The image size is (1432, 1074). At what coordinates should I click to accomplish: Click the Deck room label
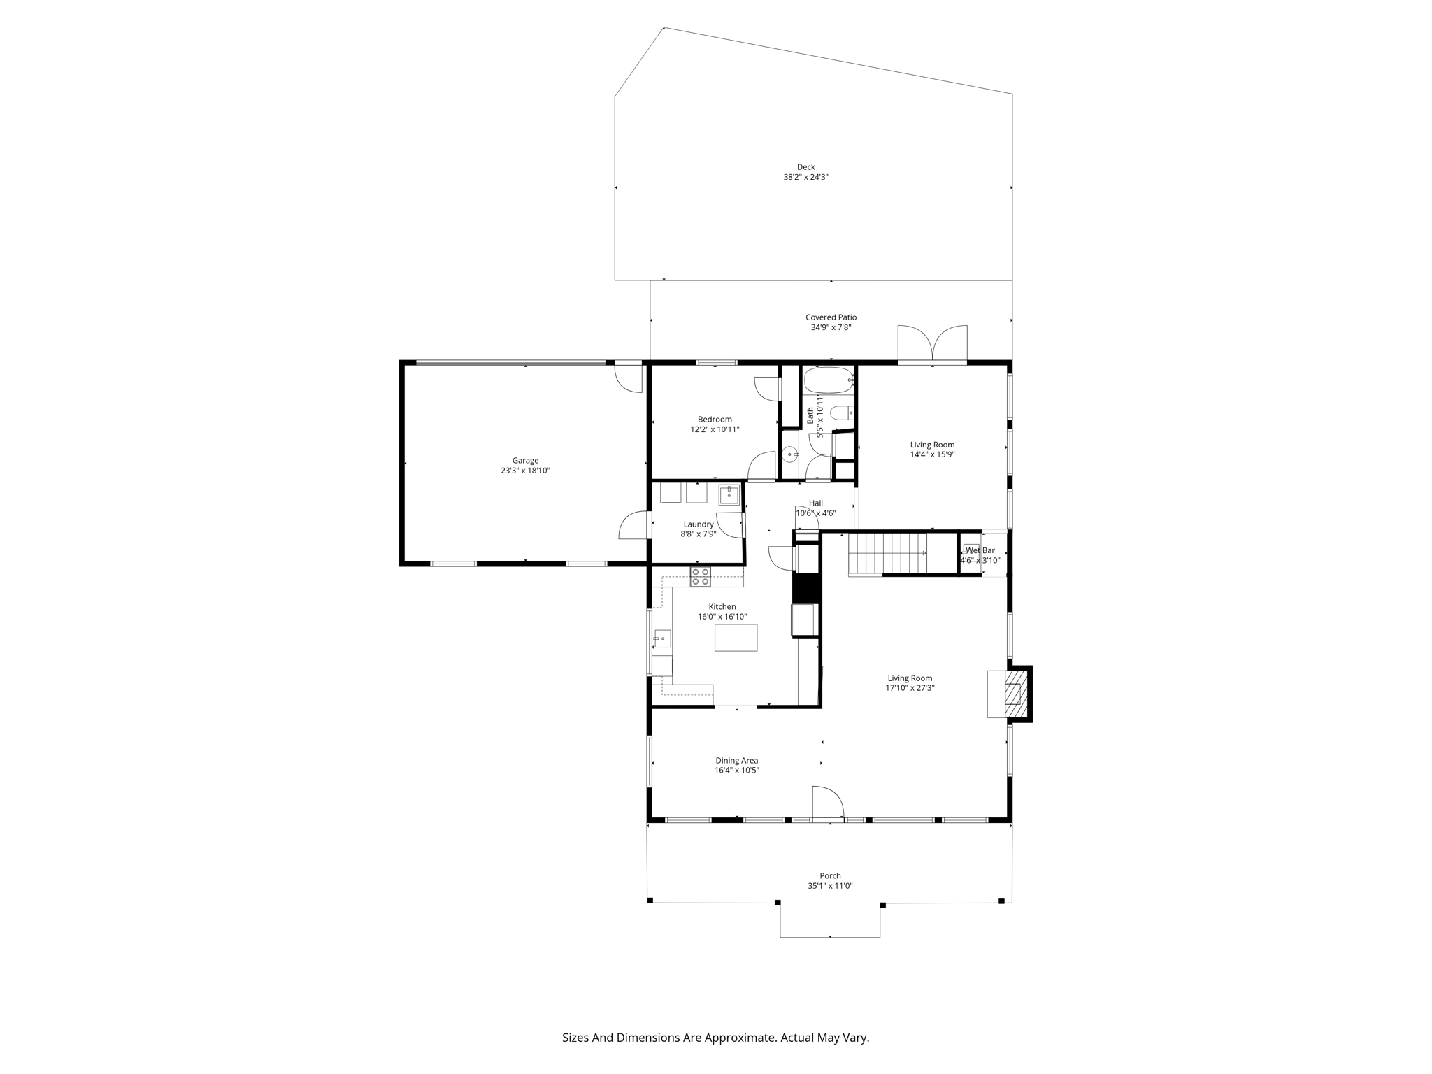coord(805,167)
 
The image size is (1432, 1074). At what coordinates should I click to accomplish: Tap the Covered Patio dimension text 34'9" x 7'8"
coord(830,327)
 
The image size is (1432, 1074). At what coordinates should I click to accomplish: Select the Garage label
coord(525,461)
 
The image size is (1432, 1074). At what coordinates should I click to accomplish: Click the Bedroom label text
coord(715,420)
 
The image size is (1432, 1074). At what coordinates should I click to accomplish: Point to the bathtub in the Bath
coord(828,381)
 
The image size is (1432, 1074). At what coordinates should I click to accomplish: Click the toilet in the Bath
coord(843,413)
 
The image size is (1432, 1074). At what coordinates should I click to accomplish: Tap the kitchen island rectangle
coord(736,638)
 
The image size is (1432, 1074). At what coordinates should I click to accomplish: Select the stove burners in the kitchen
coord(700,577)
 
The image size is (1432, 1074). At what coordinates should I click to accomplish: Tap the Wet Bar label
coord(980,550)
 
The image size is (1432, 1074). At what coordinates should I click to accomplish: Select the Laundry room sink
coord(729,494)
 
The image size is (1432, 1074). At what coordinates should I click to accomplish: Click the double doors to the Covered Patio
coord(932,345)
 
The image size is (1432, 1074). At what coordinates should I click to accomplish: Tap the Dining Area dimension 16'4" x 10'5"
coord(736,771)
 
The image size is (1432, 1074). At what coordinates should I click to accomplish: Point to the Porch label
coord(830,875)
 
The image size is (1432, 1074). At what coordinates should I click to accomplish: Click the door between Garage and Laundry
coord(634,525)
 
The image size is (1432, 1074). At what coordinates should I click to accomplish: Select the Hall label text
coord(815,503)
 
